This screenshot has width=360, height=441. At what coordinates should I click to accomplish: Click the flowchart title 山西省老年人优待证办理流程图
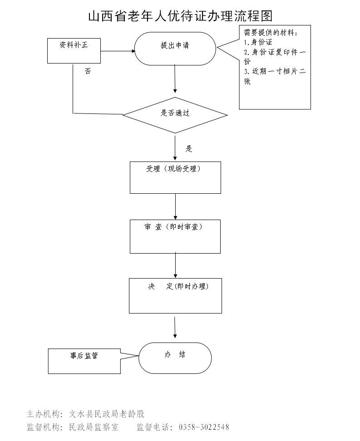tap(180, 16)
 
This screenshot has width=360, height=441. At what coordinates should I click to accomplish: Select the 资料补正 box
tap(74, 50)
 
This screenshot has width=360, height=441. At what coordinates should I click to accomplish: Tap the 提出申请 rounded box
tap(175, 48)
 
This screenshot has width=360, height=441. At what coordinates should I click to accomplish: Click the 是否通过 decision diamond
tap(175, 115)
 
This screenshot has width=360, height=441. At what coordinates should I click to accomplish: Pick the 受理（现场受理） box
tap(175, 177)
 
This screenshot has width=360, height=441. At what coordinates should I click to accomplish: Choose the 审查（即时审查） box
tap(175, 236)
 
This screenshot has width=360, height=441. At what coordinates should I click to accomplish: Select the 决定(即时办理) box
tap(175, 295)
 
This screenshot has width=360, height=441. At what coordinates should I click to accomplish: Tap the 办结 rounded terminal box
tap(175, 358)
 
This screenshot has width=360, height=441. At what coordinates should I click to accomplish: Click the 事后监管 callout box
tap(84, 361)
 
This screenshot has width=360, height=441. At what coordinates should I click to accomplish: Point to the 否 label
tap(88, 71)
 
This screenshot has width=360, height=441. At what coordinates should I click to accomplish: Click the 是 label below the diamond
tap(189, 149)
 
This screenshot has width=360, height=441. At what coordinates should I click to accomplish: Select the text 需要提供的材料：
tap(271, 33)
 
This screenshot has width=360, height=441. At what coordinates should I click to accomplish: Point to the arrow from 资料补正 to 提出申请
tap(117, 51)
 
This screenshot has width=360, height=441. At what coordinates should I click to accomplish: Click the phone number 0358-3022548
tap(204, 427)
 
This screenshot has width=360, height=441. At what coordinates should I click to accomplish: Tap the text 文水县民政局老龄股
tap(107, 414)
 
